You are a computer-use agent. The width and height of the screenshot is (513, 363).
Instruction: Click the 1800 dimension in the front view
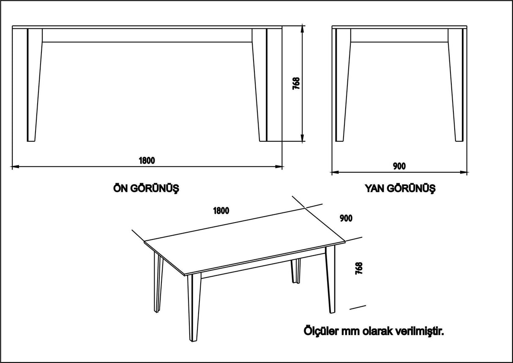pos(147,160)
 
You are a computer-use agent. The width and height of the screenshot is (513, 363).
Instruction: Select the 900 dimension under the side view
pos(399,166)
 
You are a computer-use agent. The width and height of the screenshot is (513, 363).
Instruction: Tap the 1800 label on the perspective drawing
pos(221,210)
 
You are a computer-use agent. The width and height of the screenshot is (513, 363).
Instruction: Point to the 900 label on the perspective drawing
pos(346,218)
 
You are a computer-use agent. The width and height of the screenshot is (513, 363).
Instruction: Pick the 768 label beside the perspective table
pos(359,269)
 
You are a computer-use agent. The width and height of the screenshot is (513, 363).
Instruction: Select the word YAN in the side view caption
pos(374,189)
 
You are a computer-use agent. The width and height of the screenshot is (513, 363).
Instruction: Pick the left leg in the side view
pos(342,85)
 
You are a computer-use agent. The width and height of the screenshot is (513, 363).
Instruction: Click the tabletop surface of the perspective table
pos(245,243)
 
